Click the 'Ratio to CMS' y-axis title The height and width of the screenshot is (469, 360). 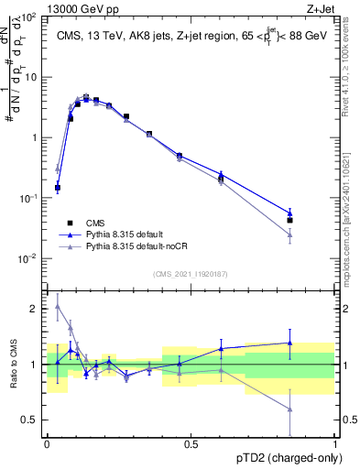14,364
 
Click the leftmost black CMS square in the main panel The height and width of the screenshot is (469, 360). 58,188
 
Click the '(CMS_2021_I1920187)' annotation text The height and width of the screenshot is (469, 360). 191,274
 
